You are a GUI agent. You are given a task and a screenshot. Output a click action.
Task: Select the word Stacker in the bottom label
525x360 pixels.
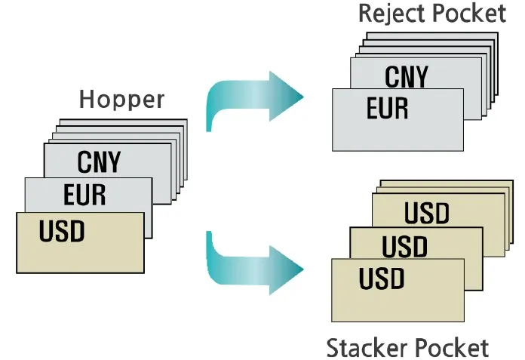pyautogui.click(x=367, y=348)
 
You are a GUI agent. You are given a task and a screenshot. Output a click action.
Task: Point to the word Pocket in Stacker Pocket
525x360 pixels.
pyautogui.click(x=452, y=348)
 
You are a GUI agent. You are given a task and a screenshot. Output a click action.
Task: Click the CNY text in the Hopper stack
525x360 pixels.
pyautogui.click(x=99, y=162)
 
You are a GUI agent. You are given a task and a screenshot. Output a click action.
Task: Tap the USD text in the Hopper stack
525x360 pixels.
pyautogui.click(x=61, y=230)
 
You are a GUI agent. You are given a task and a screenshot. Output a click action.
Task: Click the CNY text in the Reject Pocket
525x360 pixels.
pyautogui.click(x=406, y=76)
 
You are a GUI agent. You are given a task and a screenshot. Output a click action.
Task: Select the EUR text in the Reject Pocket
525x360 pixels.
pyautogui.click(x=387, y=108)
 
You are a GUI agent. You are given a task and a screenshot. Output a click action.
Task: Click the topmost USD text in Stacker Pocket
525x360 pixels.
pyautogui.click(x=426, y=214)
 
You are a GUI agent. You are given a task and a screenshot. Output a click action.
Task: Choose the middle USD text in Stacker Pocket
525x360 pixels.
pyautogui.click(x=404, y=246)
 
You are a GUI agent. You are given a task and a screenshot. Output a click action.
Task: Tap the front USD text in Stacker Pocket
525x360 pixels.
pyautogui.click(x=382, y=278)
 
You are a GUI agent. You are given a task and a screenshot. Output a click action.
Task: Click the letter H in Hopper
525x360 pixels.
pyautogui.click(x=86, y=100)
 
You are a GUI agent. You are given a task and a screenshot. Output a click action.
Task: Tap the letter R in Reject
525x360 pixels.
pyautogui.click(x=366, y=14)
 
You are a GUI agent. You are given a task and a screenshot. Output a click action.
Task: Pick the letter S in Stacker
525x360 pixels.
pyautogui.click(x=333, y=348)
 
